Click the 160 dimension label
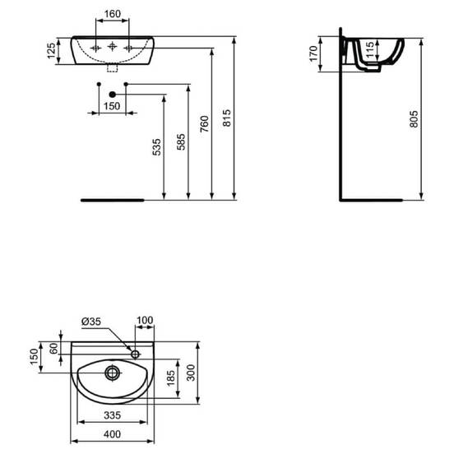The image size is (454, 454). coord(113,14)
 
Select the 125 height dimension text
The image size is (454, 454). coord(51,51)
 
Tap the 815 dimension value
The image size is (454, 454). coord(227,118)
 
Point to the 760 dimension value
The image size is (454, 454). coord(204,124)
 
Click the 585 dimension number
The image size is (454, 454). coord(181,141)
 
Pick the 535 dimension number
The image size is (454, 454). coord(156,147)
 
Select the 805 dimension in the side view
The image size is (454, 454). coord(414,119)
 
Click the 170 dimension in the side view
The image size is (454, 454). coord(313,53)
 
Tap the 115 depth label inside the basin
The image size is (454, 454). coord(369,50)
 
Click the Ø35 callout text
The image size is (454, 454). coord(91,321)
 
